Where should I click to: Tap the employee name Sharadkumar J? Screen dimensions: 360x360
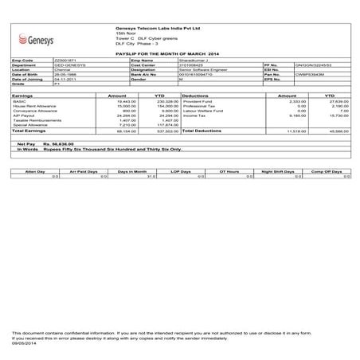click(x=196, y=60)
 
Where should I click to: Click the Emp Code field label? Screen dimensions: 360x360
click(x=22, y=60)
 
